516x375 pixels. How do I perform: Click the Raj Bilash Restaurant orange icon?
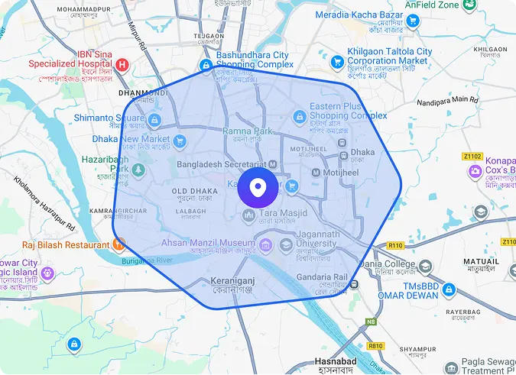pos(119,245)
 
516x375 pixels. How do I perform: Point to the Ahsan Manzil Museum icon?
pos(265,244)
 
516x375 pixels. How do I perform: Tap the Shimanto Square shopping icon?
pos(154,120)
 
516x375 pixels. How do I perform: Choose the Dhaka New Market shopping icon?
pos(180,141)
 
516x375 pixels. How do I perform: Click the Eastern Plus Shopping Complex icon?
pos(300,117)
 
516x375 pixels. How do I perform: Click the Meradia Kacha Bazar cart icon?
pos(414,21)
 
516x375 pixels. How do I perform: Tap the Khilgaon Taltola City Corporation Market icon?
pos(336,61)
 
